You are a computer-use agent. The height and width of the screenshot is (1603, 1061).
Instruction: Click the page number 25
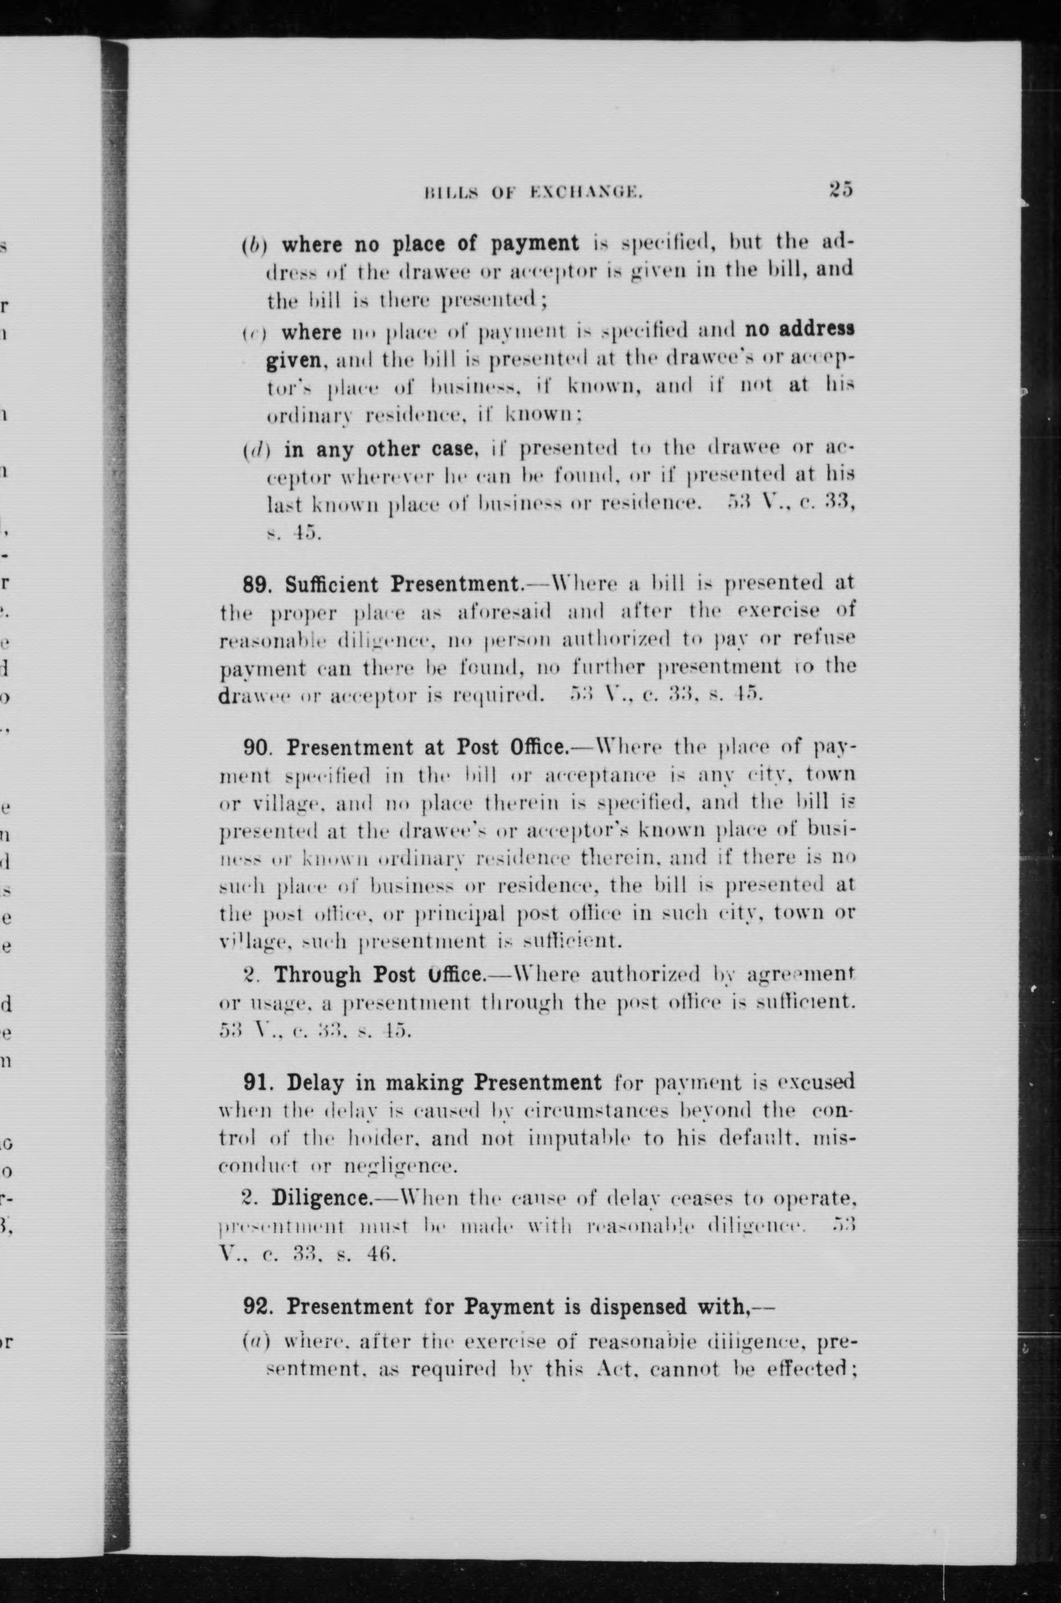(x=840, y=190)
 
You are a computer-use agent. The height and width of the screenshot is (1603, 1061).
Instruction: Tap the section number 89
(x=256, y=584)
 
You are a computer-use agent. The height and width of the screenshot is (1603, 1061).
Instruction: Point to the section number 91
(x=256, y=1082)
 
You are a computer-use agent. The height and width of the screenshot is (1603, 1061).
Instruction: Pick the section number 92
(x=257, y=1306)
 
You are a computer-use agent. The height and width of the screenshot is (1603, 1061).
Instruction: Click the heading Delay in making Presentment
(x=444, y=1082)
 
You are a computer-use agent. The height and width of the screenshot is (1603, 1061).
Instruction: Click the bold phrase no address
(x=799, y=329)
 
